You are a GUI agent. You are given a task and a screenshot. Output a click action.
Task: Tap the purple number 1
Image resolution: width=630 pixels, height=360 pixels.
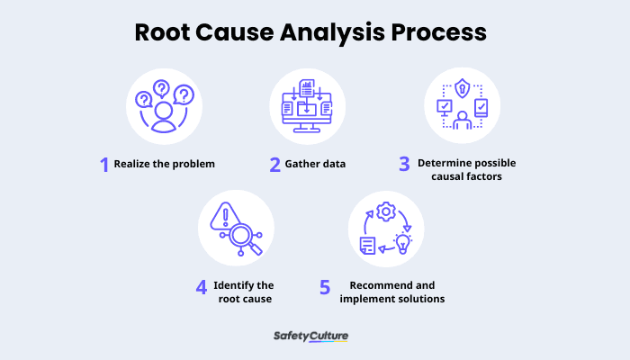click(104, 164)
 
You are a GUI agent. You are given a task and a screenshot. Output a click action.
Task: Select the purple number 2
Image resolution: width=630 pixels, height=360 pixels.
click(275, 164)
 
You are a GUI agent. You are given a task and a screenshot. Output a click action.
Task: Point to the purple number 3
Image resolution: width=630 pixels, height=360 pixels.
click(406, 164)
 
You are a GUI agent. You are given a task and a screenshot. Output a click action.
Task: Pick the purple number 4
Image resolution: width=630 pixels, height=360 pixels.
click(202, 287)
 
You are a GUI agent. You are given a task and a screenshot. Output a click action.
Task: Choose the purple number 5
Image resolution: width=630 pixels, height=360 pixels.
click(326, 287)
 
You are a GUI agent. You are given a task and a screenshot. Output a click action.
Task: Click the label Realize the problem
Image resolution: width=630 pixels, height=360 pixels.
click(165, 165)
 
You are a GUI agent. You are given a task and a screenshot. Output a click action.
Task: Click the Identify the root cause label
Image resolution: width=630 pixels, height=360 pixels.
click(244, 292)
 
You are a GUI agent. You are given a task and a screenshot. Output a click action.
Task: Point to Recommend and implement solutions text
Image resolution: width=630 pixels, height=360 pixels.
click(391, 292)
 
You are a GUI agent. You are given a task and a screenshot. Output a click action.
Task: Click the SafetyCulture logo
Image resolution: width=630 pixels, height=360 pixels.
click(310, 337)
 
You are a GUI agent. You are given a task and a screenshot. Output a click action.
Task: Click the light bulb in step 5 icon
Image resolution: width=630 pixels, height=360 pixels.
click(402, 242)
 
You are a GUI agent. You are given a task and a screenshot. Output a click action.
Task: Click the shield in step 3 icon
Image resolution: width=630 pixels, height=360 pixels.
click(461, 89)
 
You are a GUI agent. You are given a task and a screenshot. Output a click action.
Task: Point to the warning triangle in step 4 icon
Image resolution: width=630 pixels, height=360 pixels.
click(221, 219)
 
